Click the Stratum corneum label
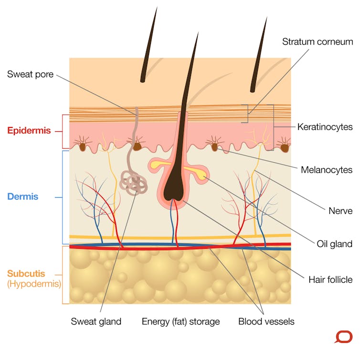[x=318, y=42]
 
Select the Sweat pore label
[x=30, y=74]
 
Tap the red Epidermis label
[x=29, y=130]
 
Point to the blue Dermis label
[x=23, y=197]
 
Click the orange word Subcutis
[x=26, y=274]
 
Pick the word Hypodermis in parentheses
[x=34, y=284]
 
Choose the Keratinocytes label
[x=325, y=127]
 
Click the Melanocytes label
[x=327, y=170]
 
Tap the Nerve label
[x=340, y=211]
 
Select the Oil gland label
[x=335, y=244]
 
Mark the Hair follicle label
[x=330, y=280]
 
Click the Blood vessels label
[x=266, y=321]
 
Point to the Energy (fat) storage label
[x=180, y=322]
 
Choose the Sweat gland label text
[x=96, y=321]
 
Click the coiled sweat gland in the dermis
[x=133, y=183]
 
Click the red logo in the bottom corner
[x=343, y=337]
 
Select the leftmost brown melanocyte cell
[x=83, y=147]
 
